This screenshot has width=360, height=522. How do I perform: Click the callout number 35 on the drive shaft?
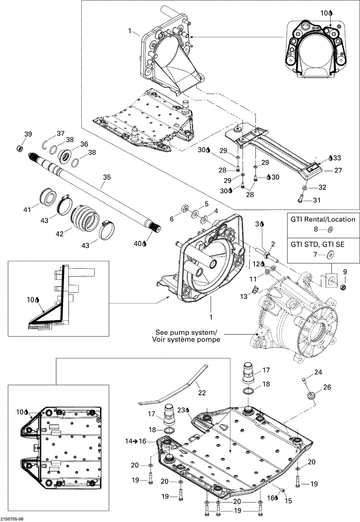click(x=107, y=177)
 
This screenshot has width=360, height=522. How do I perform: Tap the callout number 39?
click(x=28, y=134)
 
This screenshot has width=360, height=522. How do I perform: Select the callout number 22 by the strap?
click(x=202, y=393)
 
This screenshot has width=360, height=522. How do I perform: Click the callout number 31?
click(x=317, y=200)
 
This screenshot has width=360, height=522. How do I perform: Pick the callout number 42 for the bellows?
click(x=60, y=234)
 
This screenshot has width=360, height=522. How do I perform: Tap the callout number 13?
click(x=244, y=296)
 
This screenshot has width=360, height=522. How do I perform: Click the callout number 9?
click(x=345, y=272)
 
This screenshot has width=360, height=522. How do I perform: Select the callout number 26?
click(x=327, y=387)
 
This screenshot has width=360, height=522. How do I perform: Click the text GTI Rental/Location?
click(x=323, y=219)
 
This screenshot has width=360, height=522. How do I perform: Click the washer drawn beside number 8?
click(x=330, y=230)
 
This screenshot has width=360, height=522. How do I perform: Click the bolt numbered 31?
click(x=301, y=198)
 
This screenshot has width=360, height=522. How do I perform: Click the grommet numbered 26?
click(x=310, y=396)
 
